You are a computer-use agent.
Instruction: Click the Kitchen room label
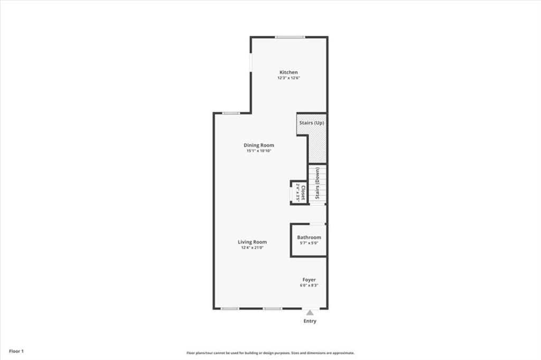[x=288, y=72]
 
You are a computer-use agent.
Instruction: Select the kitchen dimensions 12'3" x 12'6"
[x=288, y=78]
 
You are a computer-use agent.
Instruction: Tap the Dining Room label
[x=259, y=145]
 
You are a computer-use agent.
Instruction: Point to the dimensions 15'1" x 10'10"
[x=259, y=151]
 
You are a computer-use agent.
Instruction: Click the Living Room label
[x=252, y=242]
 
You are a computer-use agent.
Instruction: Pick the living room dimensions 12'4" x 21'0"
[x=252, y=248]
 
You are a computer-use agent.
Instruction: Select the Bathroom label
[x=309, y=238]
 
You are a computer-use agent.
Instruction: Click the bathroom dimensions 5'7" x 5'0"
[x=309, y=243]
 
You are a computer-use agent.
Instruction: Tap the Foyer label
[x=309, y=280]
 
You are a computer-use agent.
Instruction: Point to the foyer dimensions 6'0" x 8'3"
[x=309, y=286]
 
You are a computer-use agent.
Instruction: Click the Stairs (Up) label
[x=311, y=123]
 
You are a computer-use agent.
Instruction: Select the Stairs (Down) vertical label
[x=318, y=184]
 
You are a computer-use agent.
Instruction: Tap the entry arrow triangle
[x=310, y=312]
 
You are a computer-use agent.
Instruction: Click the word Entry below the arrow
[x=310, y=321]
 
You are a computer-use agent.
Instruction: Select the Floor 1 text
[x=16, y=351]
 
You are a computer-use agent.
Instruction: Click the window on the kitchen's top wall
[x=290, y=37]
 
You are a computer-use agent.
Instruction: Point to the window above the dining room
[x=231, y=113]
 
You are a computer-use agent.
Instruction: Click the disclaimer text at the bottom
[x=270, y=353]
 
